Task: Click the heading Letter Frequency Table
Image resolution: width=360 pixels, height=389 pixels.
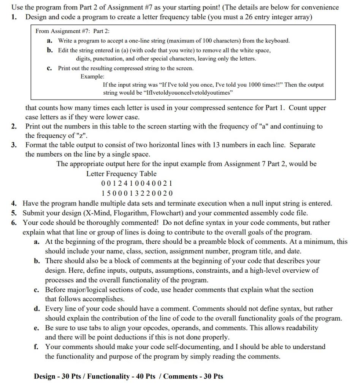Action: (x=121, y=174)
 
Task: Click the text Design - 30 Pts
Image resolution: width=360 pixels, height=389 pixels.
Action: (x=56, y=376)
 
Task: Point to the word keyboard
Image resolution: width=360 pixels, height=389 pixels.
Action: (x=277, y=41)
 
